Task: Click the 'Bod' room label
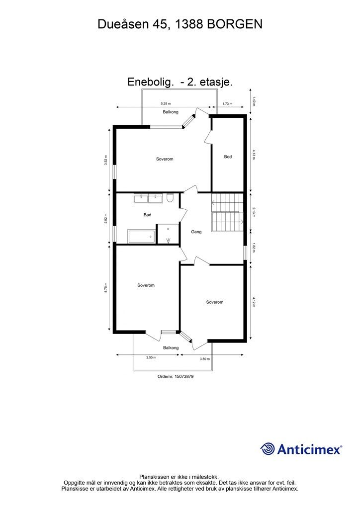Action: [228, 157]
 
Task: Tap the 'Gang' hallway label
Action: [196, 232]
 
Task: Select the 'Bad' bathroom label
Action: [147, 215]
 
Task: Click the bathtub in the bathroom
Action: [141, 236]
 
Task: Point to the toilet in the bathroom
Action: [170, 199]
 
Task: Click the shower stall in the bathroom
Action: [168, 234]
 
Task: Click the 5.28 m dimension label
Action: [166, 103]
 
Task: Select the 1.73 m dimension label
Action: [227, 103]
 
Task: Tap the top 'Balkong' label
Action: [171, 112]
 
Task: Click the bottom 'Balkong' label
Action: [171, 347]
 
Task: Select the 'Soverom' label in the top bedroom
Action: [164, 159]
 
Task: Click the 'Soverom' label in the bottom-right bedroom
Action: [215, 302]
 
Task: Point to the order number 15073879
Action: [175, 376]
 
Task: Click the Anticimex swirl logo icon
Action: [268, 449]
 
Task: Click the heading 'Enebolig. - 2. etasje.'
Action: [180, 83]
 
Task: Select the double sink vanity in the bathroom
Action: [148, 198]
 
